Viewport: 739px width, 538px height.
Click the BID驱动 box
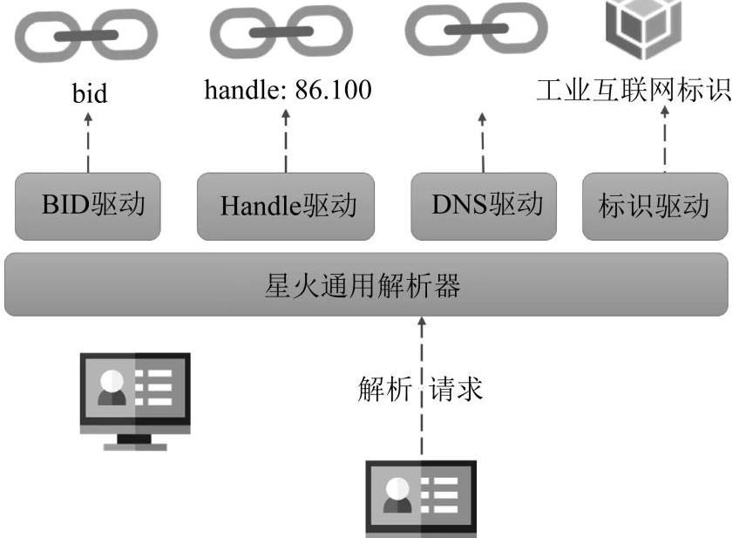click(88, 207)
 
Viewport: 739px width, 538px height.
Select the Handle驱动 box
click(286, 207)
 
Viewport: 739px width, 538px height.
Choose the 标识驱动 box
click(654, 208)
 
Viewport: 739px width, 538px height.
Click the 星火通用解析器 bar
click(366, 284)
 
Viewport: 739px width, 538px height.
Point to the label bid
click(89, 93)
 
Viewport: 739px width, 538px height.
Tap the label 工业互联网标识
click(634, 91)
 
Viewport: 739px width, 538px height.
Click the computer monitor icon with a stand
click(135, 399)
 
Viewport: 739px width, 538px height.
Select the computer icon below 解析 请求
click(420, 499)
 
